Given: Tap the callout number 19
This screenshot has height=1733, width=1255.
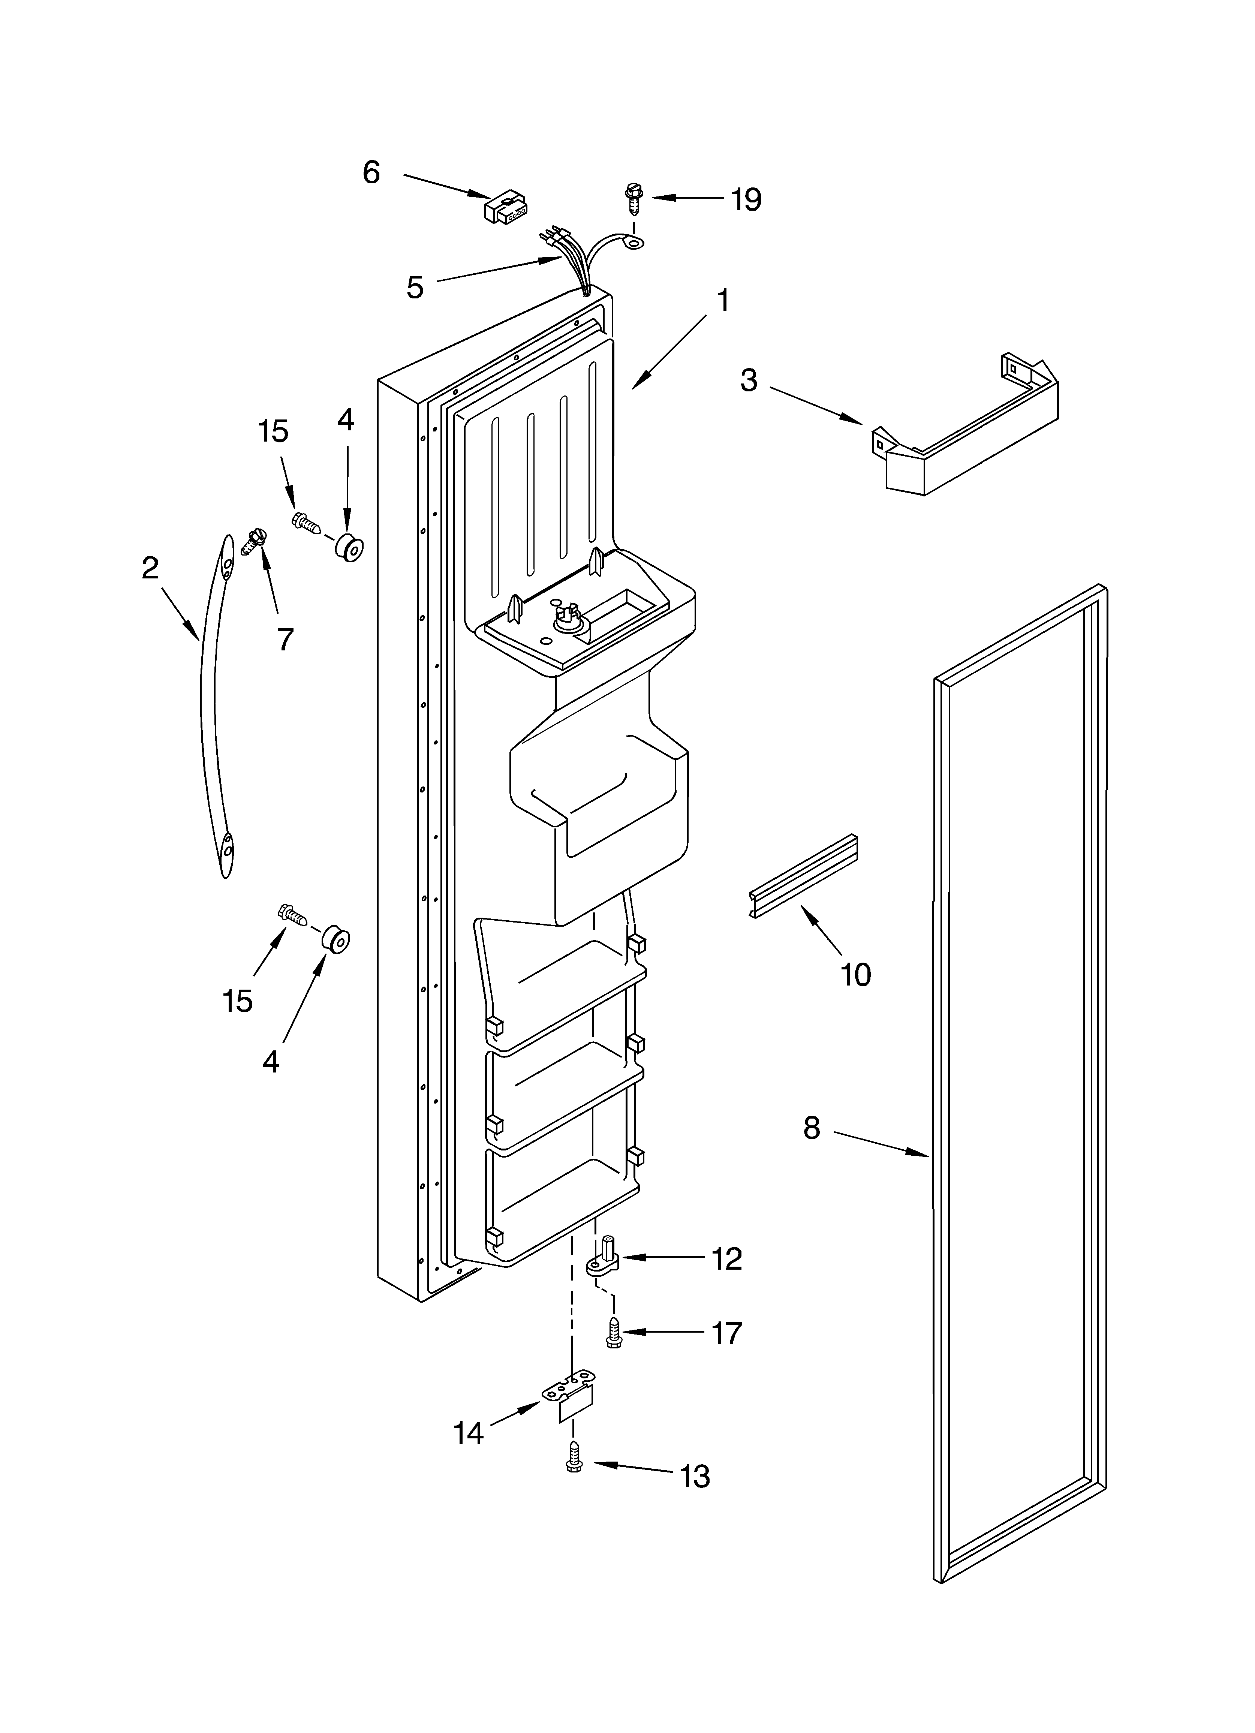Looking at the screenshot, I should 745,200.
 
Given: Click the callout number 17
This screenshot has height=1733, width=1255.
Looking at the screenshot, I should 726,1333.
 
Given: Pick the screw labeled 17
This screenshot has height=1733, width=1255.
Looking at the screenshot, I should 613,1332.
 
